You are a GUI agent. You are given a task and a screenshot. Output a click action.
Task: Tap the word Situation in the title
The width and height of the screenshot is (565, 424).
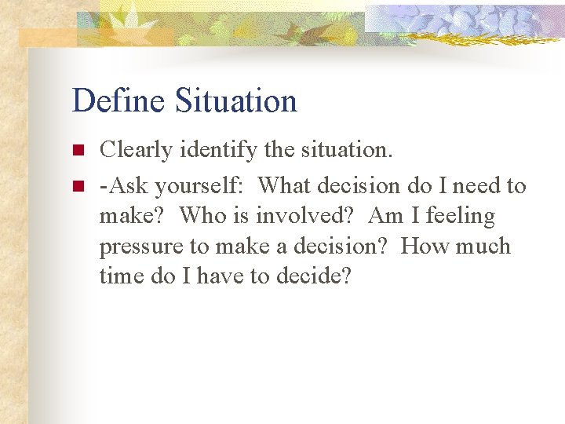[236, 101]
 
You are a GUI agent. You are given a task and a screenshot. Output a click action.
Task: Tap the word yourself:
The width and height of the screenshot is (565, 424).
[201, 187]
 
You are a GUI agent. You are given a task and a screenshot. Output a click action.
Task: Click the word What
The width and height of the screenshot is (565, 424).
[285, 186]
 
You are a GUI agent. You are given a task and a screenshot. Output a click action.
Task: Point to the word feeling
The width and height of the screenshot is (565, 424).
[461, 217]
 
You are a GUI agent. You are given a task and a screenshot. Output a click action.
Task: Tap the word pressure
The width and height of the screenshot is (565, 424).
[139, 247]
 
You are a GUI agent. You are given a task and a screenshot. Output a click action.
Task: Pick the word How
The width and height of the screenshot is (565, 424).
[424, 246]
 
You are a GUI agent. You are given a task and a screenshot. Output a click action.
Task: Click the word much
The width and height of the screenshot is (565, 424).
[482, 246]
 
